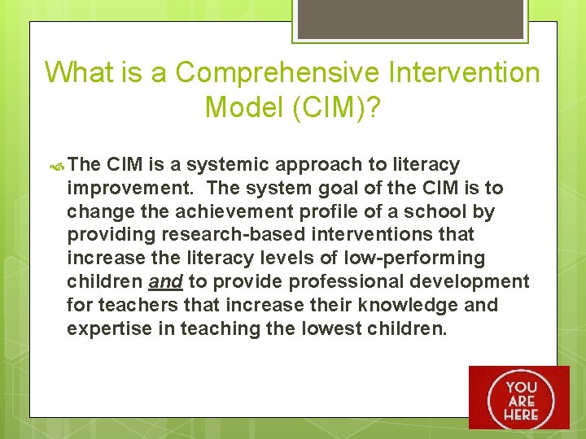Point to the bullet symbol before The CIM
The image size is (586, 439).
tap(57, 165)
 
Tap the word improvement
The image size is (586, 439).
tap(131, 188)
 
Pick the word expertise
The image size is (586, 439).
tap(110, 329)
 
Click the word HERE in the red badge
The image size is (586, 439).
tap(520, 415)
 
